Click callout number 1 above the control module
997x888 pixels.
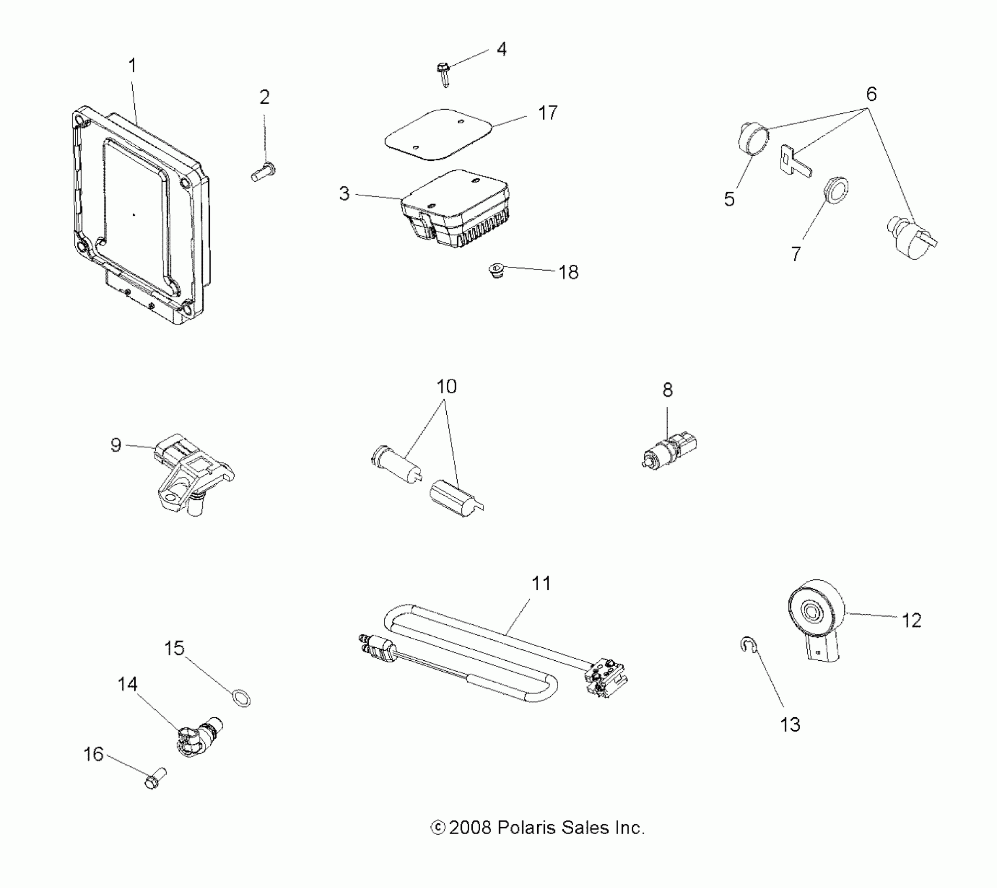[x=133, y=66]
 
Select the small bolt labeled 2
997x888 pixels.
[x=264, y=172]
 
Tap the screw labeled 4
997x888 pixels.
[x=444, y=74]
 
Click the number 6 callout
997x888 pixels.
[x=871, y=94]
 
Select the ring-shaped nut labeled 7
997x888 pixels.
[x=836, y=190]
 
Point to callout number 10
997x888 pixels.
[x=446, y=387]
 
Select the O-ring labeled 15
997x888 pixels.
[x=240, y=697]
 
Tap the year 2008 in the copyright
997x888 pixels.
[x=470, y=828]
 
